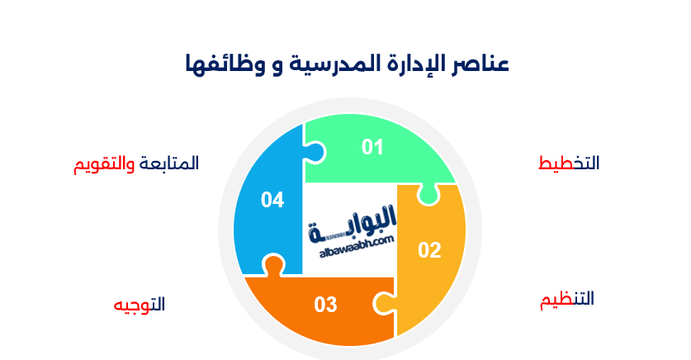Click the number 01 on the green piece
click(373, 147)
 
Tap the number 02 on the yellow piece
click(429, 249)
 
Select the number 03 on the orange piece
click(326, 305)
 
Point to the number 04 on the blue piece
click(272, 200)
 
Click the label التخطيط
click(569, 163)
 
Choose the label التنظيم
click(567, 299)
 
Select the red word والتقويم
click(103, 163)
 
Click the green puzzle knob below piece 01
click(428, 196)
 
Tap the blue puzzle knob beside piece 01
click(316, 150)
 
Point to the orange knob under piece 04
click(273, 266)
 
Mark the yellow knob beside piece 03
click(385, 302)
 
